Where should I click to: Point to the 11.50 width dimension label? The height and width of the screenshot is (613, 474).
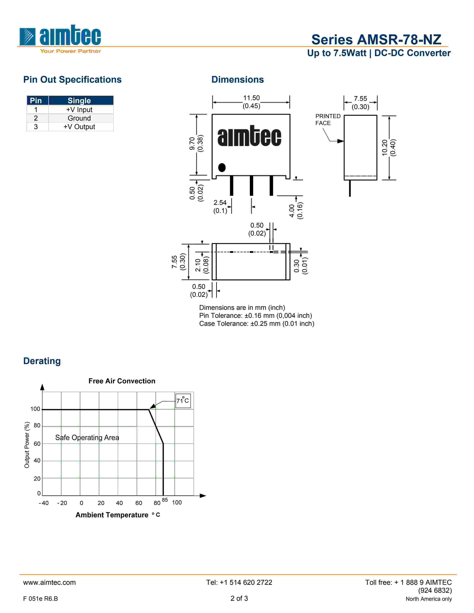251,98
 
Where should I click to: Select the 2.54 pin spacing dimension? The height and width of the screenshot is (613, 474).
220,203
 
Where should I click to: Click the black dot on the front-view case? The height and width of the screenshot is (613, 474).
222,168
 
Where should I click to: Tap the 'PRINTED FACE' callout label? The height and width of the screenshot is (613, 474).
328,120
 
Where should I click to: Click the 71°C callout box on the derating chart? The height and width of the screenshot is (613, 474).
183,400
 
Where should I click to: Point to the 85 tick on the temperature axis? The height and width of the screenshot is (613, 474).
165,500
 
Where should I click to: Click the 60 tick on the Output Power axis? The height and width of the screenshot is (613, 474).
37,444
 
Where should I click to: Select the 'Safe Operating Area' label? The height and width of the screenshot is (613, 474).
87,438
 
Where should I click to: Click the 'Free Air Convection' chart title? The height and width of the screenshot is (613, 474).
122,381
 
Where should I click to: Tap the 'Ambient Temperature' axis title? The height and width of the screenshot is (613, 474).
112,515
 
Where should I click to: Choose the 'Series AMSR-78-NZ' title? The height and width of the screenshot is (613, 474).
376,40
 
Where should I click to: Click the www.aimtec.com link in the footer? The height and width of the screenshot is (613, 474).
49,582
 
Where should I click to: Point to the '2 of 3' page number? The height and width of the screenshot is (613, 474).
239,598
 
